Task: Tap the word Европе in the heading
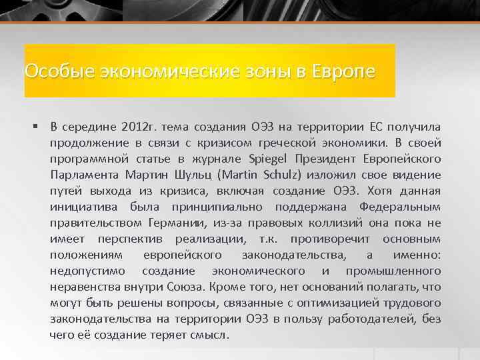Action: point(343,71)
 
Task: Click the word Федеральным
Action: point(400,207)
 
